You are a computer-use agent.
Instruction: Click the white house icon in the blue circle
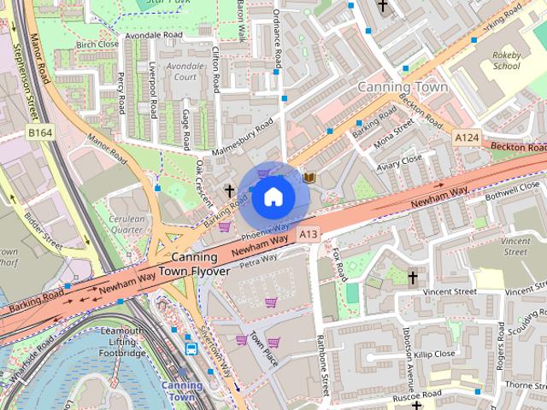tap(273, 197)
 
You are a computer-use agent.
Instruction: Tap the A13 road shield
tap(309, 234)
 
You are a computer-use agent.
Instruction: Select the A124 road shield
tap(467, 138)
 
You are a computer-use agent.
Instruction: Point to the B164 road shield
tap(39, 133)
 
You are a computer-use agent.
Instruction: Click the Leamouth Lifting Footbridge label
tap(122, 342)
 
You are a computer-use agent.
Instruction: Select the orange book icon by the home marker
tap(309, 177)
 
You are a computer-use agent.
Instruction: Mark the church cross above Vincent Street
tap(413, 278)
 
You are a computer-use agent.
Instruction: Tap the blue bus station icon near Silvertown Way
tap(191, 348)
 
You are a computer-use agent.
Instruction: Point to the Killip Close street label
tap(435, 353)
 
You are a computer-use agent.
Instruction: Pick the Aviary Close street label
tap(400, 160)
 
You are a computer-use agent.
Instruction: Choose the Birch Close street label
tap(97, 44)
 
